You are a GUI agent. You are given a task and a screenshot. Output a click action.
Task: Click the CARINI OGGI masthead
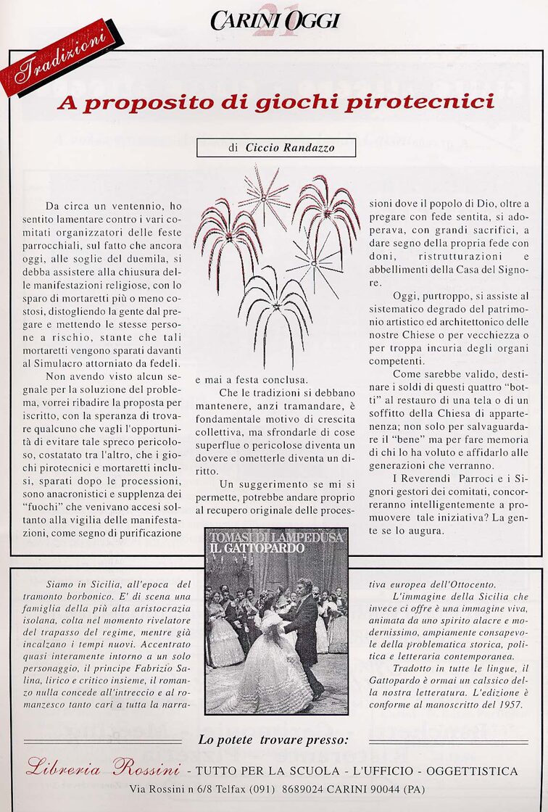[275, 20]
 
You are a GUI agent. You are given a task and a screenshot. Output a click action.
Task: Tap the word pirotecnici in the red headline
[420, 103]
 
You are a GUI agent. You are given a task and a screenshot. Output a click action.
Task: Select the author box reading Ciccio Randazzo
[276, 148]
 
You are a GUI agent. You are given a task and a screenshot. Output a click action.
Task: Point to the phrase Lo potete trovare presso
[273, 740]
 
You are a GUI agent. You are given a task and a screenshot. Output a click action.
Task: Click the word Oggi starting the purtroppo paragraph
[406, 296]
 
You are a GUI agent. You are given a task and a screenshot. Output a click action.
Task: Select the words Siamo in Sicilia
[81, 584]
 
